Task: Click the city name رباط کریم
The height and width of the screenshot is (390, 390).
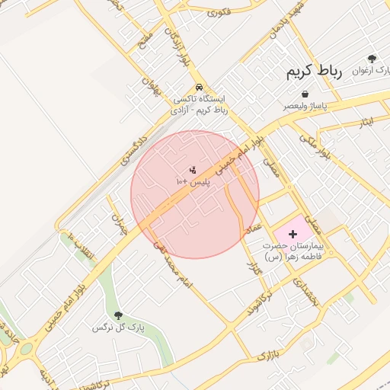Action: point(315,72)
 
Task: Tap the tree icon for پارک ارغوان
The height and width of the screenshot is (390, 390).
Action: point(372,59)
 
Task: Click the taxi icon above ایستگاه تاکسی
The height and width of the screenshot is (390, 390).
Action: point(199,87)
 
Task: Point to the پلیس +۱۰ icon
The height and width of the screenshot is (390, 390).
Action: point(193,171)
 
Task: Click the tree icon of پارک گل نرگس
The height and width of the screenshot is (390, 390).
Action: point(118,315)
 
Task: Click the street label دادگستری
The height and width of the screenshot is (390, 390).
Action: point(131,150)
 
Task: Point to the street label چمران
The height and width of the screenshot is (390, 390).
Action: point(117,223)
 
